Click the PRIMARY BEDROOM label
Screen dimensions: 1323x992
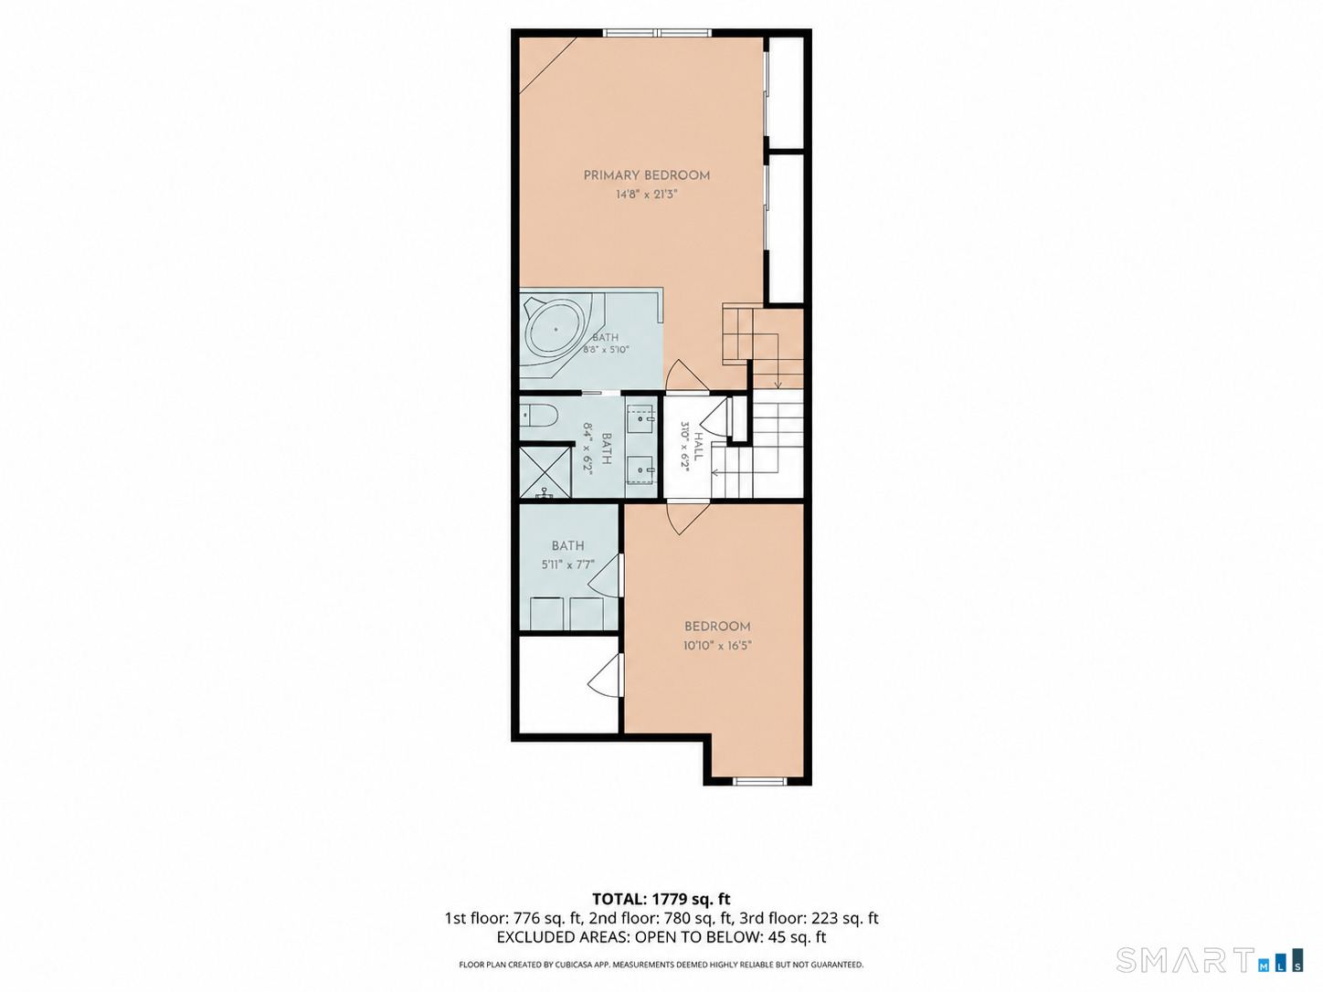646,175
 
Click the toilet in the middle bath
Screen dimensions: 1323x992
539,416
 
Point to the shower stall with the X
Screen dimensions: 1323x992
545,472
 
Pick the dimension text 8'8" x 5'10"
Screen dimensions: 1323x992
606,349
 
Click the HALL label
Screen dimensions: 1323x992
698,447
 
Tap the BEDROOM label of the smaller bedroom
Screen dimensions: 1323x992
717,627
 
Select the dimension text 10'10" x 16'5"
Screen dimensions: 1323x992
717,646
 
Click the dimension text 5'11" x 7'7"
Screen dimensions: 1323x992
567,565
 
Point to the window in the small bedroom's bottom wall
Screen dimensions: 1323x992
759,781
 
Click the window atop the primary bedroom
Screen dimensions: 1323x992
657,33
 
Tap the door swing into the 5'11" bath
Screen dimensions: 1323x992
605,575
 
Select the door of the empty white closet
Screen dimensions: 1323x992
605,675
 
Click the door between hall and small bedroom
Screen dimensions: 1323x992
688,517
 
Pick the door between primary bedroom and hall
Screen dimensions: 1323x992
686,375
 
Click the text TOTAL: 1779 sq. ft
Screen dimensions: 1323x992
661,899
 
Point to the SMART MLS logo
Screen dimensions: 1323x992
1210,960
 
